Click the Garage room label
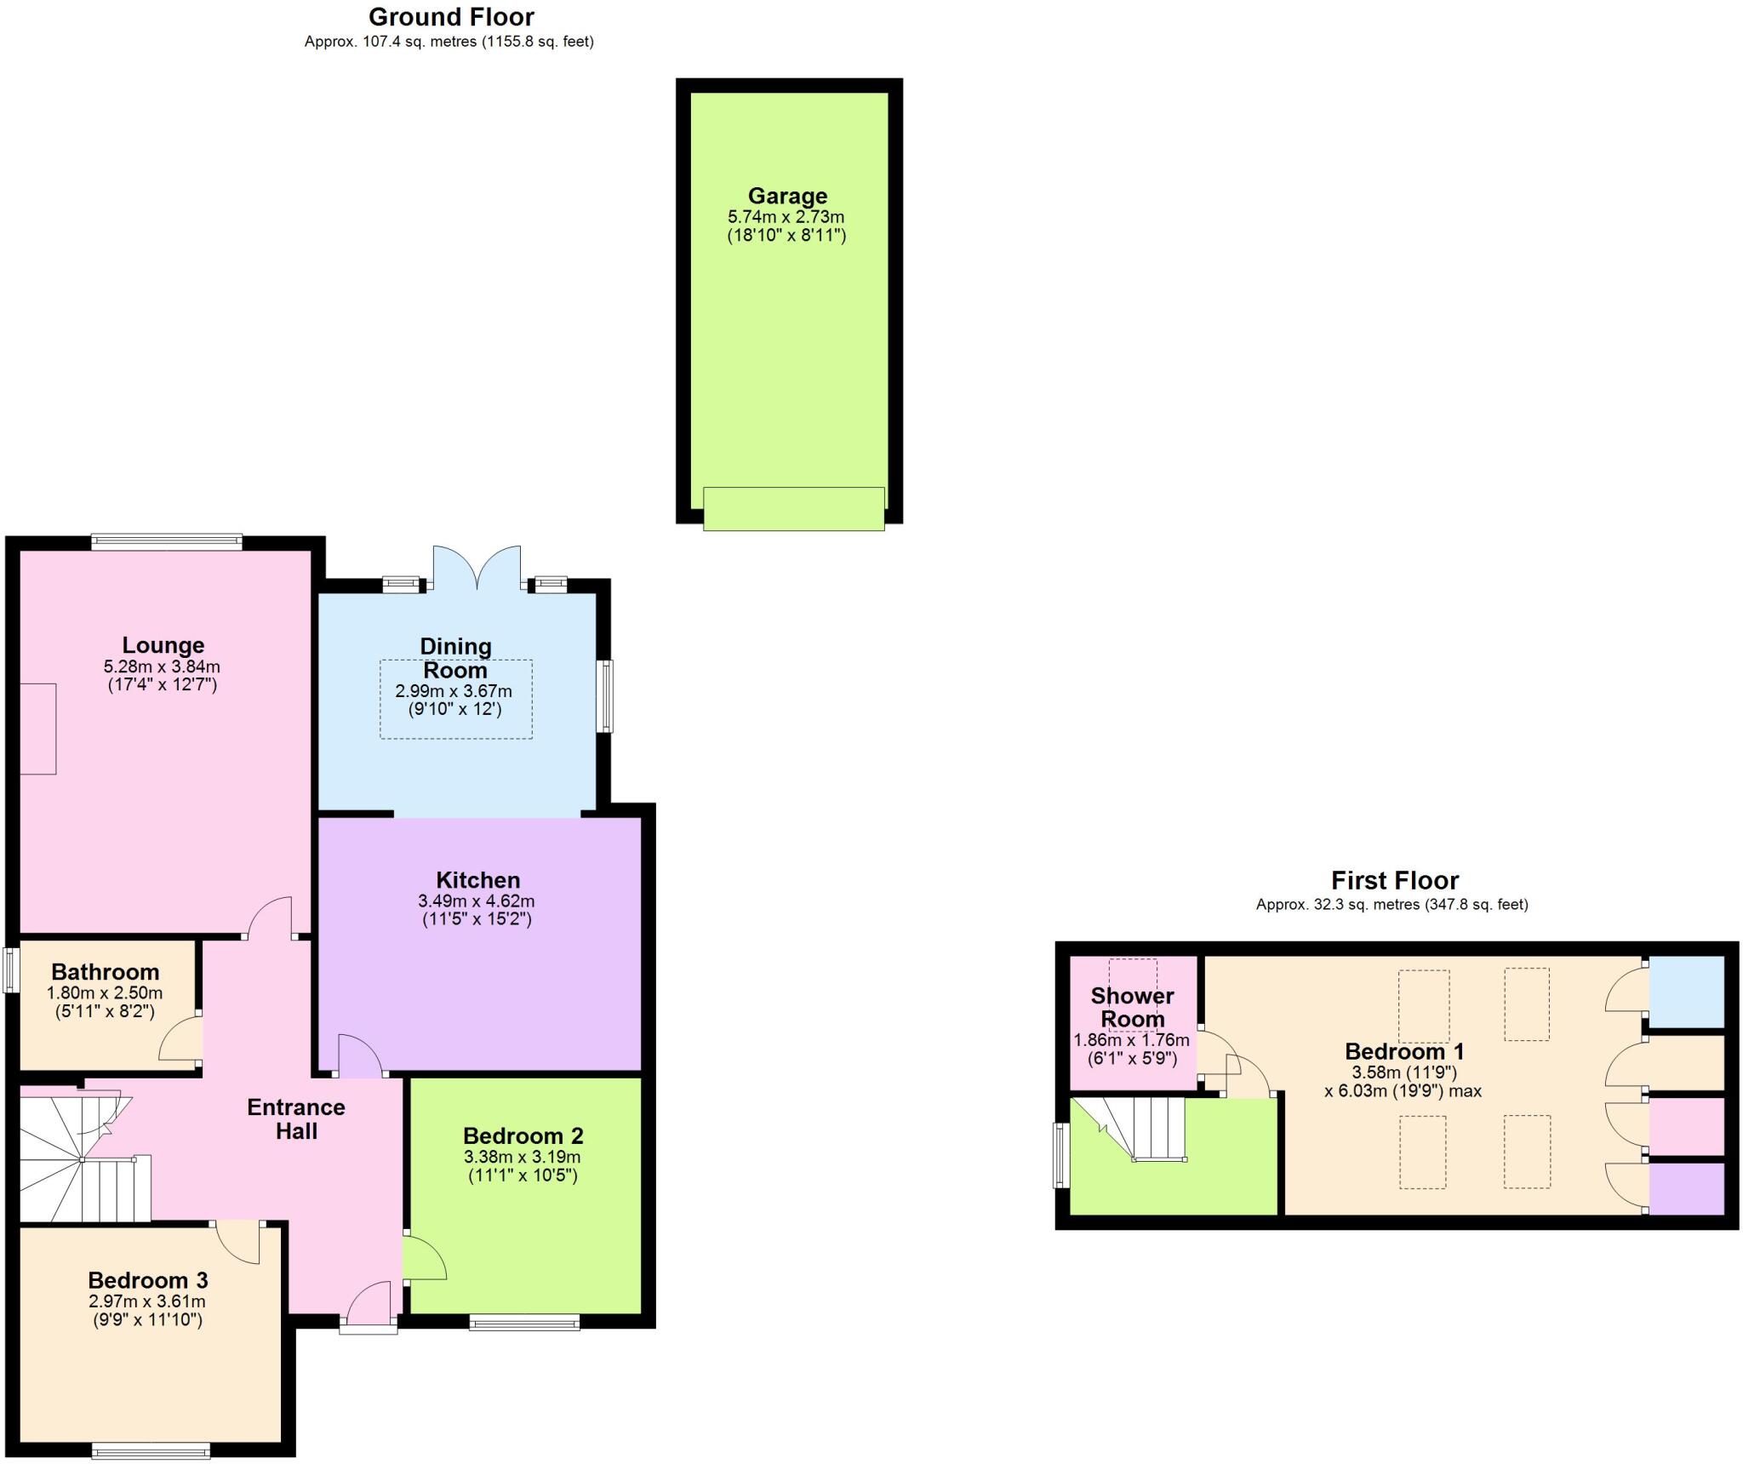pos(787,196)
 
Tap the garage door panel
pos(793,508)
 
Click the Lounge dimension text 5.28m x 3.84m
pos(162,666)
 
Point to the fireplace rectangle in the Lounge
pos(37,729)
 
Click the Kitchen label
pos(477,880)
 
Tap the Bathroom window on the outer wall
pos(10,970)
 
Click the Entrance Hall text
pos(296,1118)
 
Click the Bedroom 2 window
pos(524,1322)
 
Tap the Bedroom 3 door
pos(238,1244)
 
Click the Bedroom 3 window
pos(151,1451)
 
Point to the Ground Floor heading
pos(451,17)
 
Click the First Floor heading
pos(1394,880)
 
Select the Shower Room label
pos(1132,1007)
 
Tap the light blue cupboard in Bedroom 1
pos(1686,992)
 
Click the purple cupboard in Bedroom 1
pos(1686,1189)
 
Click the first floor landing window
pos(1060,1155)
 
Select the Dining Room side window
pos(604,695)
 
